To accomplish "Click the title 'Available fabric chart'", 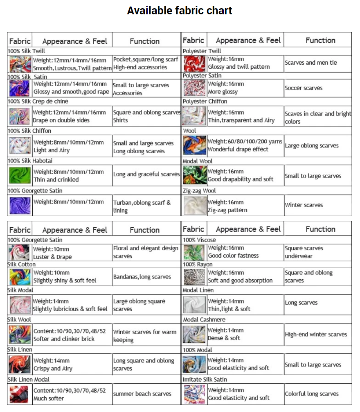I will point(180,11).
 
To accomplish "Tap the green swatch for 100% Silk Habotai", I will point(20,175).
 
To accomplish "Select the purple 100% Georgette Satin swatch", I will point(20,206).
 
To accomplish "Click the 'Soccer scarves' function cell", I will point(304,88).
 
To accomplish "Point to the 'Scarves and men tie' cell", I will point(311,63).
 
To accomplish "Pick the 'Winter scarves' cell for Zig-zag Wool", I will point(304,205).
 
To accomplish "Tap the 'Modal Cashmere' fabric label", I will point(204,319).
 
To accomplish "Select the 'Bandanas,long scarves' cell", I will point(142,277).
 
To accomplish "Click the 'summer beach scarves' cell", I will point(142,394).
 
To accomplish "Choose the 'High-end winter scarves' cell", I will point(316,334).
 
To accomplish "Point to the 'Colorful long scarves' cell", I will point(312,394).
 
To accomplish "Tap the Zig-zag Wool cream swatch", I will point(195,206).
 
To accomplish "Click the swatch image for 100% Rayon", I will point(195,277).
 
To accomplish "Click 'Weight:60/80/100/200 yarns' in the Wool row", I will point(245,141).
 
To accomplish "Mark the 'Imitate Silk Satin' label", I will point(205,380).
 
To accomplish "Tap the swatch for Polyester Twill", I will point(195,63).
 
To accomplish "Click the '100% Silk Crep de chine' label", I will point(38,101).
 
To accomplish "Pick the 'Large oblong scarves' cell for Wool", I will point(312,145).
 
